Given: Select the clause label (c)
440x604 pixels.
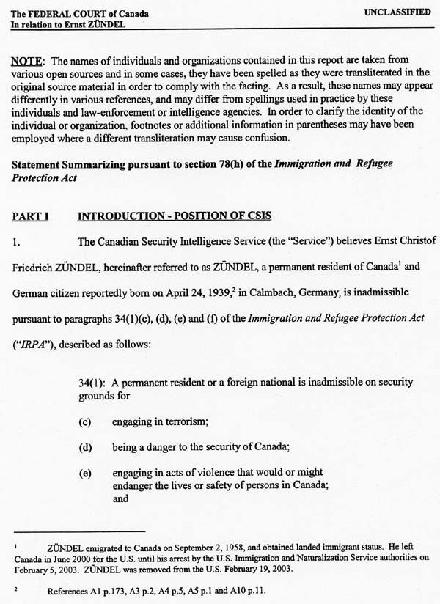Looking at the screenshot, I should click(85, 421).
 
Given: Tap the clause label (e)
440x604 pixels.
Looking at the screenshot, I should click(85, 473).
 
